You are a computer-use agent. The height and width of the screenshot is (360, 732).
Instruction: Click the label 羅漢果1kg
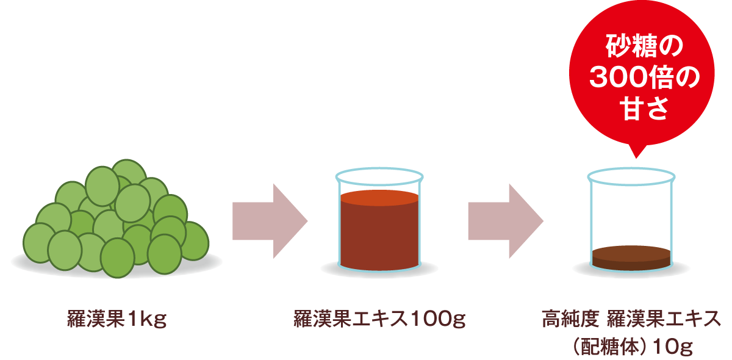pyautogui.click(x=117, y=319)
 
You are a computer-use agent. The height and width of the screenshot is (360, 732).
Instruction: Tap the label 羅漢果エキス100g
pyautogui.click(x=379, y=319)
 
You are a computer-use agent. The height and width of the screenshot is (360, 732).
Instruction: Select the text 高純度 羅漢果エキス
pyautogui.click(x=631, y=319)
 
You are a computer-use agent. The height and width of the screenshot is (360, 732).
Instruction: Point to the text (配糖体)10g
pyautogui.click(x=631, y=347)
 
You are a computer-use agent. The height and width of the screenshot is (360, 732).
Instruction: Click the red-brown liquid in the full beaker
pyautogui.click(x=379, y=235)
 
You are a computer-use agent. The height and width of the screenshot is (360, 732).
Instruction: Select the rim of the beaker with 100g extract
pyautogui.click(x=379, y=170)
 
